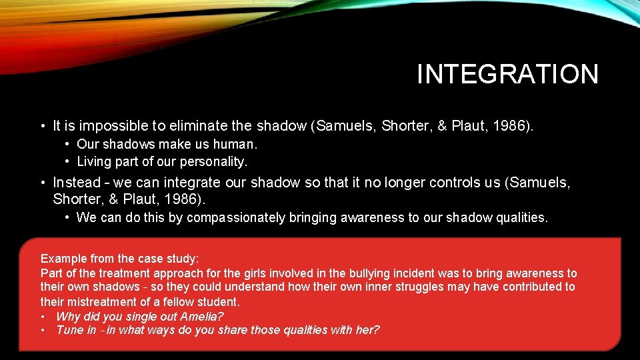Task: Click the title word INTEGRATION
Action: (507, 74)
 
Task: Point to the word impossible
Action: (108, 125)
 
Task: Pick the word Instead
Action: (76, 182)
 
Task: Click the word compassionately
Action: (236, 217)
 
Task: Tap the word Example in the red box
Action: (62, 258)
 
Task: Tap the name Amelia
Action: (202, 316)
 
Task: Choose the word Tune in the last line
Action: (69, 331)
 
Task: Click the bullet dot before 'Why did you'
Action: (43, 316)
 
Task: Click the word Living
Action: (95, 161)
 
